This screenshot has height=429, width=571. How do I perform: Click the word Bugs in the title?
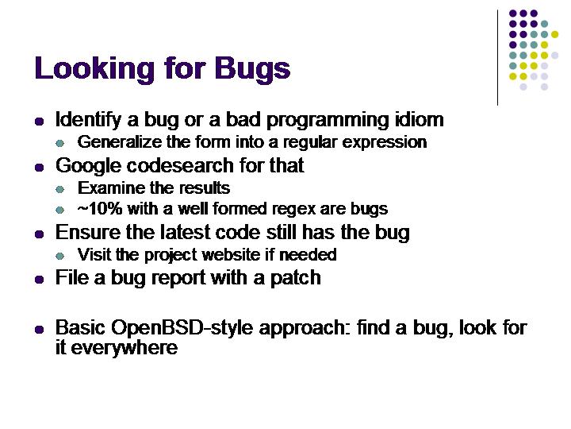pyautogui.click(x=252, y=69)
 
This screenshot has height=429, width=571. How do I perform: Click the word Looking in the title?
pyautogui.click(x=94, y=69)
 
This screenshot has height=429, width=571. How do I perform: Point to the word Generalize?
pyautogui.click(x=120, y=142)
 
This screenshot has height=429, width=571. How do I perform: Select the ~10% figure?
pyautogui.click(x=100, y=209)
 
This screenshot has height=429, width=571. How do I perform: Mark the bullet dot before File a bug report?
pyautogui.click(x=39, y=280)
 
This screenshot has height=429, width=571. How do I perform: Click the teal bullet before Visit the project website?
pyautogui.click(x=60, y=256)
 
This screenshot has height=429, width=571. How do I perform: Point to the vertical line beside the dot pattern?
pyautogui.click(x=497, y=58)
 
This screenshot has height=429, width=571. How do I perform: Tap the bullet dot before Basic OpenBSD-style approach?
pyautogui.click(x=39, y=330)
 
